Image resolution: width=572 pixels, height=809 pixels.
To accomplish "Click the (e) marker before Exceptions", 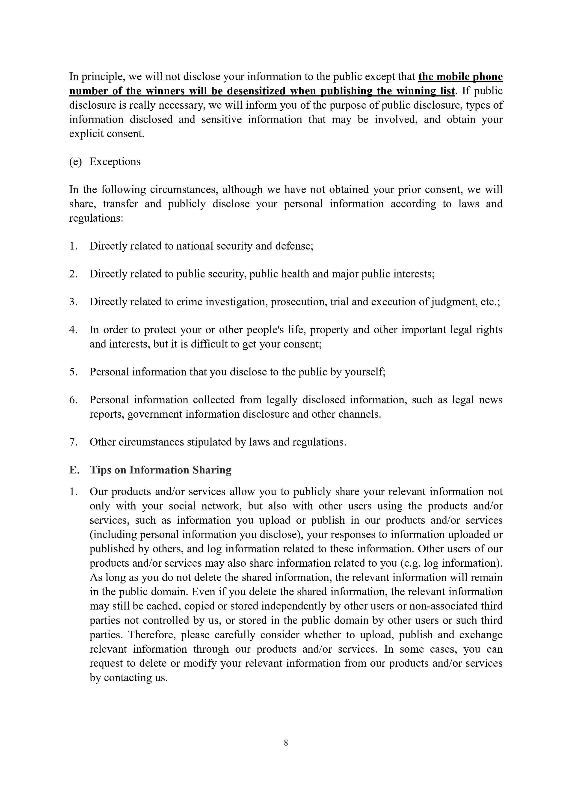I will [75, 162].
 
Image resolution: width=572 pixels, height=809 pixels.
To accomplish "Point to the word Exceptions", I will [115, 162].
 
